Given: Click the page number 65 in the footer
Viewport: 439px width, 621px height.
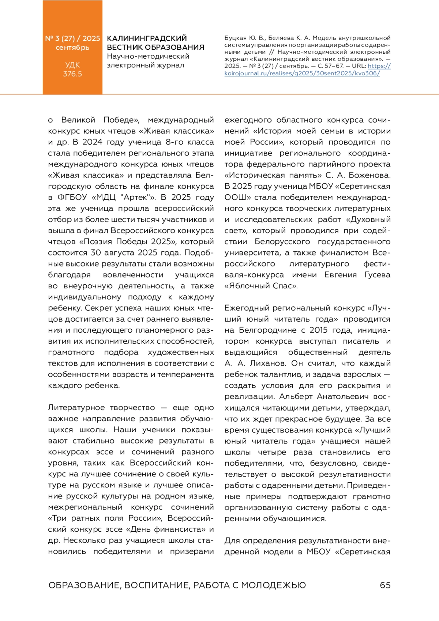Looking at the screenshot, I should pos(385,585).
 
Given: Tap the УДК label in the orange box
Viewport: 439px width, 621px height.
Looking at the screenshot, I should pos(72,65).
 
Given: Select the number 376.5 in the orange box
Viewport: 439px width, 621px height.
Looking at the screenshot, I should pos(72,74).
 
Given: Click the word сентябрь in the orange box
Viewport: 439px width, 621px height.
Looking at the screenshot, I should pos(72,47).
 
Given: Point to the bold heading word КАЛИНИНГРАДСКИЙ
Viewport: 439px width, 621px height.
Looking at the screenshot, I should pos(147,38).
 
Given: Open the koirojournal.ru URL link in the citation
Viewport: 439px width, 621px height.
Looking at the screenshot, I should pos(302,73).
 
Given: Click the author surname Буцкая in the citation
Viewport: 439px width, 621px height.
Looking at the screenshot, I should pos(235,38).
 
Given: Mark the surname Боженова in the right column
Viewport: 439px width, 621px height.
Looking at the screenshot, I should pos(369,175).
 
